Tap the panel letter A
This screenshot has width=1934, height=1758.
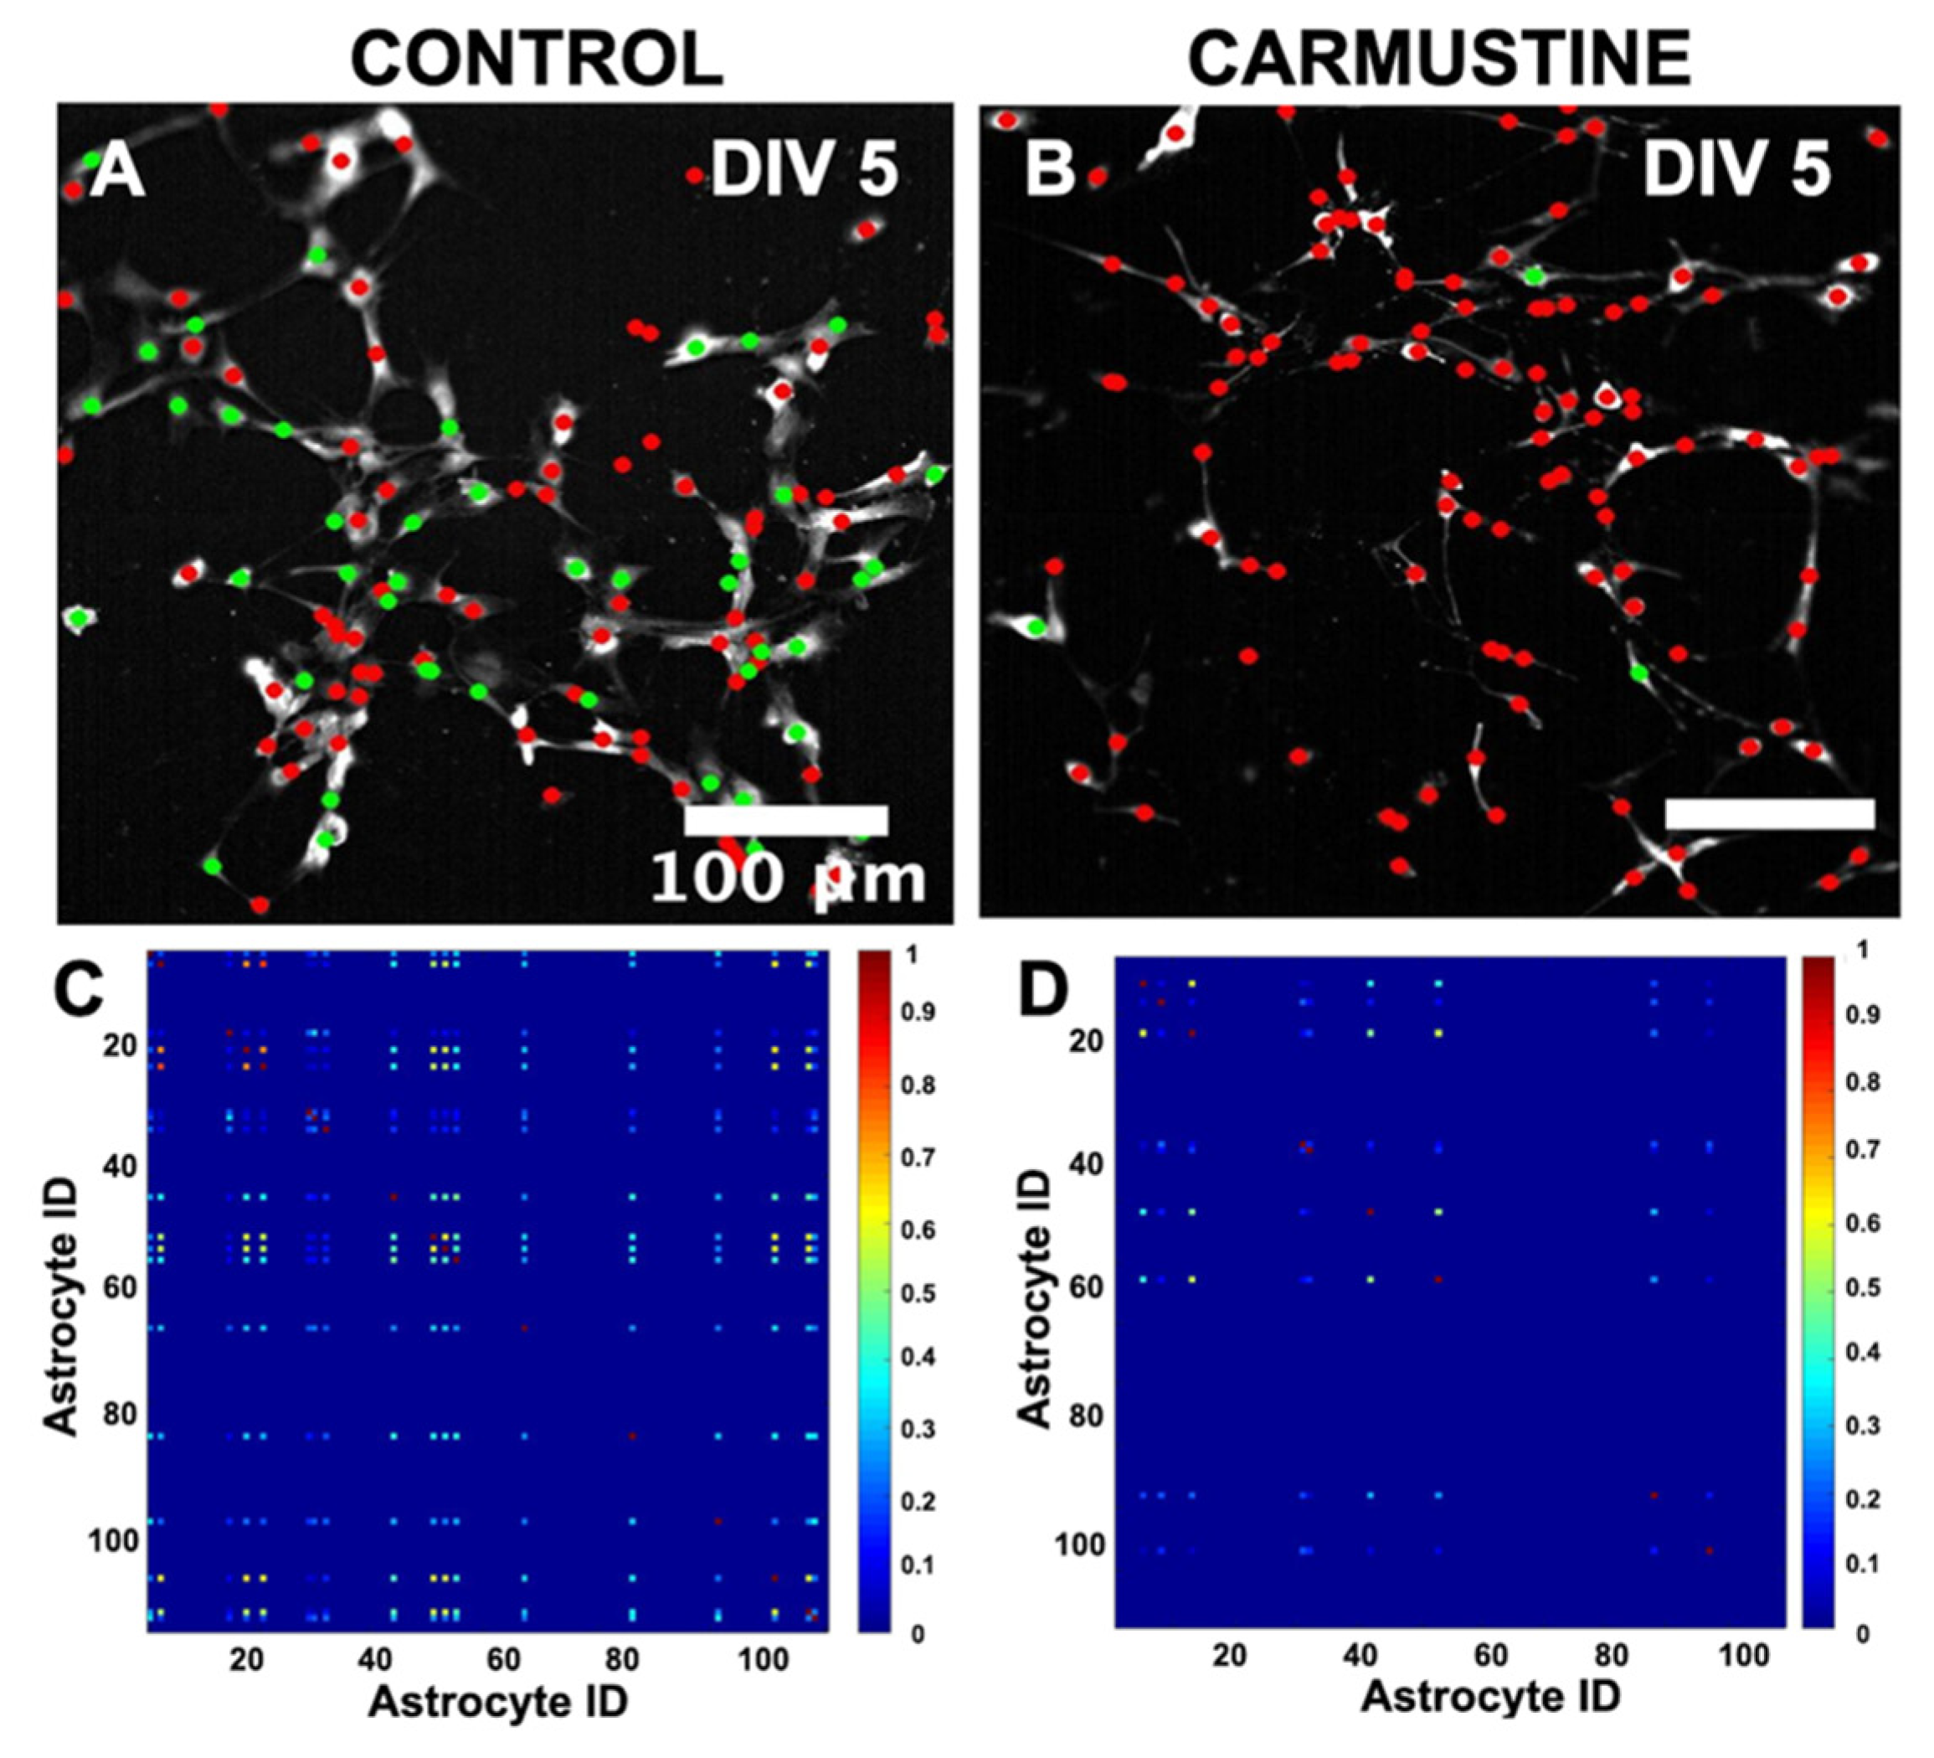pos(117,173)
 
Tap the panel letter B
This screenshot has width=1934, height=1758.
pos(1051,173)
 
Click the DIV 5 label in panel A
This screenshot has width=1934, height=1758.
pos(804,173)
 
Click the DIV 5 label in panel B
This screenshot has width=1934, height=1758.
pos(1736,173)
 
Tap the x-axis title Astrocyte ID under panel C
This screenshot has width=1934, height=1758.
pos(499,1701)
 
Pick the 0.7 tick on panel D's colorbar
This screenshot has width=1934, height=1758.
pos(1865,1148)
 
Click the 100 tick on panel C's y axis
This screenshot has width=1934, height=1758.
pos(112,1542)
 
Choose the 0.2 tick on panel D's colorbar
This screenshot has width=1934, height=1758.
pos(1865,1500)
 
